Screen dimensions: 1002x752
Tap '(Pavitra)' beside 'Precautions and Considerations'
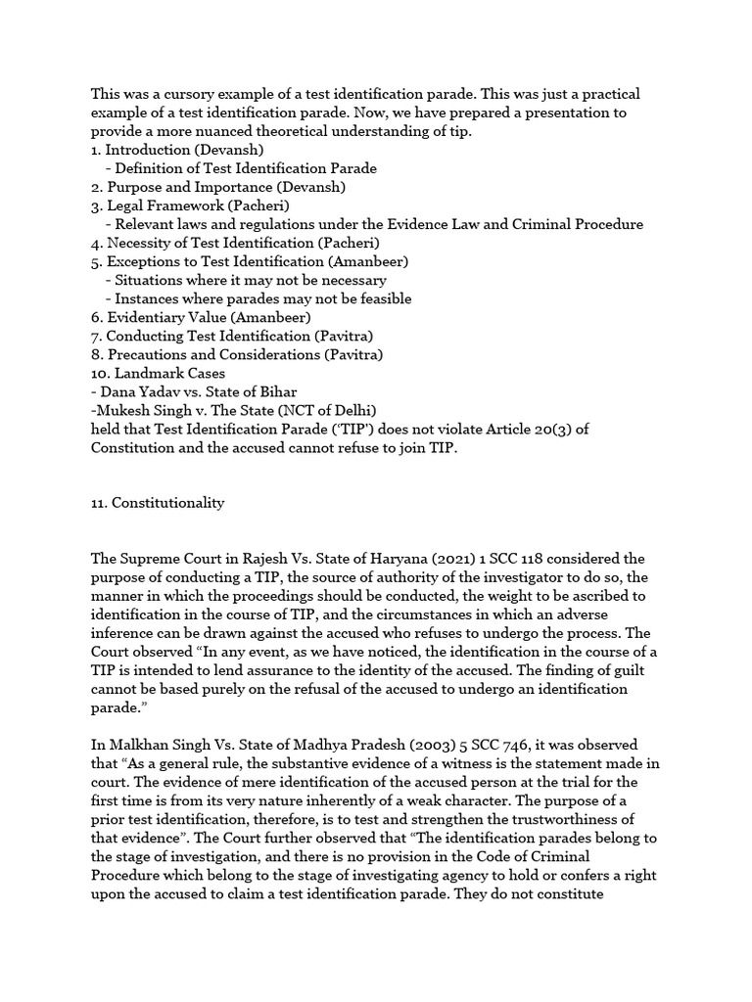(x=348, y=354)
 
